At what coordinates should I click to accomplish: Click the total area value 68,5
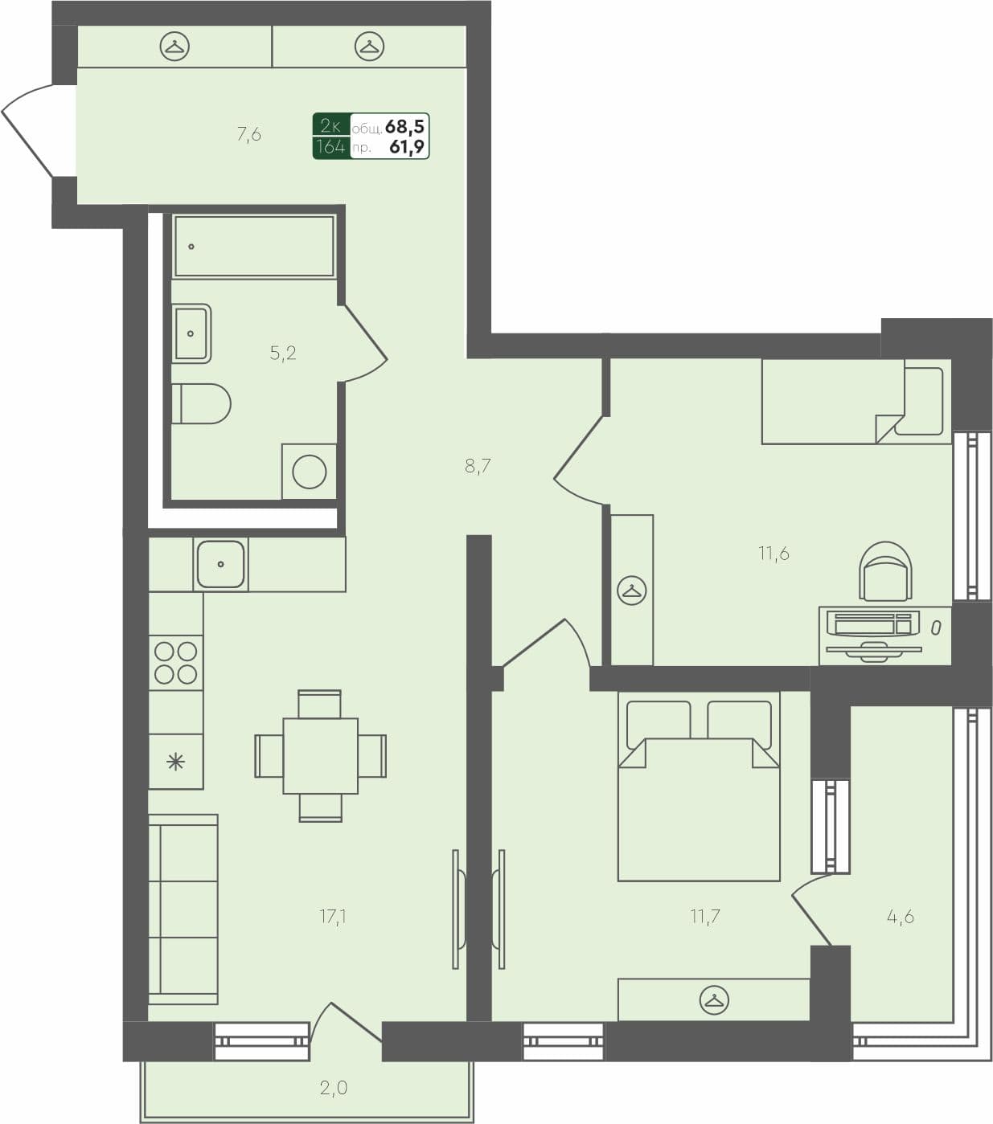[404, 126]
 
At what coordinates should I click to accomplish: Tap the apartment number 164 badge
[330, 147]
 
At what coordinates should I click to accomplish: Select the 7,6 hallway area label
[249, 135]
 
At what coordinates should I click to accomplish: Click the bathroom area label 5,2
[283, 353]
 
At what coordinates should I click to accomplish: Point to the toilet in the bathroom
[201, 404]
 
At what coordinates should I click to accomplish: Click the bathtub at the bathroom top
[253, 247]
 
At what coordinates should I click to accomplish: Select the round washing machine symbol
[310, 472]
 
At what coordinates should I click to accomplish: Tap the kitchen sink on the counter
[220, 564]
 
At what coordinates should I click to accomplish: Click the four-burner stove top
[176, 663]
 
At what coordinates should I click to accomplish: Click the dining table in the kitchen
[320, 756]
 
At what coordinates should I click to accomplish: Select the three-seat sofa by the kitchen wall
[183, 909]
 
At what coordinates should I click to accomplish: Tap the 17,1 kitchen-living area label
[333, 916]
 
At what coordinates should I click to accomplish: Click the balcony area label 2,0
[333, 1088]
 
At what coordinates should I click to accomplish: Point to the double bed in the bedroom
[699, 803]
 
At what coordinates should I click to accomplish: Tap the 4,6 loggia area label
[900, 916]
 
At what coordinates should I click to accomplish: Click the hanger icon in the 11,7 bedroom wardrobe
[713, 1000]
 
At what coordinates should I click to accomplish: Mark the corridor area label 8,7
[478, 466]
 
